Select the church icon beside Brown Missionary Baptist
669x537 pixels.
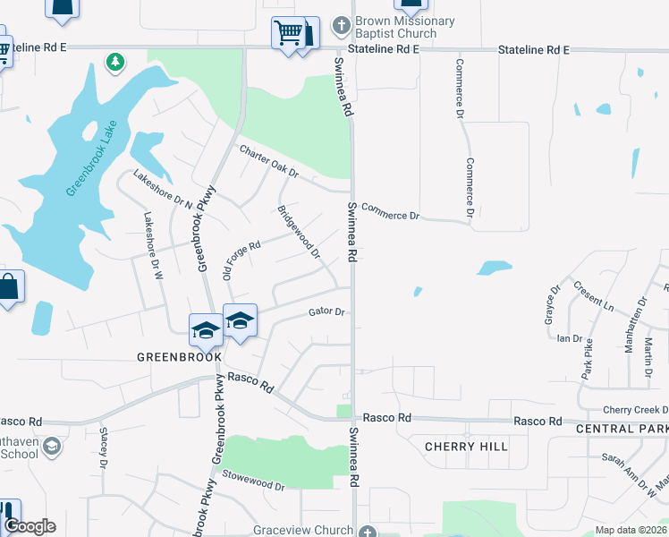click(x=341, y=22)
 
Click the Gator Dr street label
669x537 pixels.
click(x=326, y=312)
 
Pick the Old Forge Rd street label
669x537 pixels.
click(x=241, y=260)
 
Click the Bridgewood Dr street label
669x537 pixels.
click(x=299, y=232)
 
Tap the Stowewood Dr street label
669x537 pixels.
click(x=253, y=486)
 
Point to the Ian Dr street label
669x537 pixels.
click(x=569, y=338)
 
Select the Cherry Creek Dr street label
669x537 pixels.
click(x=635, y=410)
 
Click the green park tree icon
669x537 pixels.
click(x=114, y=62)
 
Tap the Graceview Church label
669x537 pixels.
click(x=303, y=530)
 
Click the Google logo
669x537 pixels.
click(x=30, y=526)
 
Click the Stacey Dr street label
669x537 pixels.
click(x=103, y=447)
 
